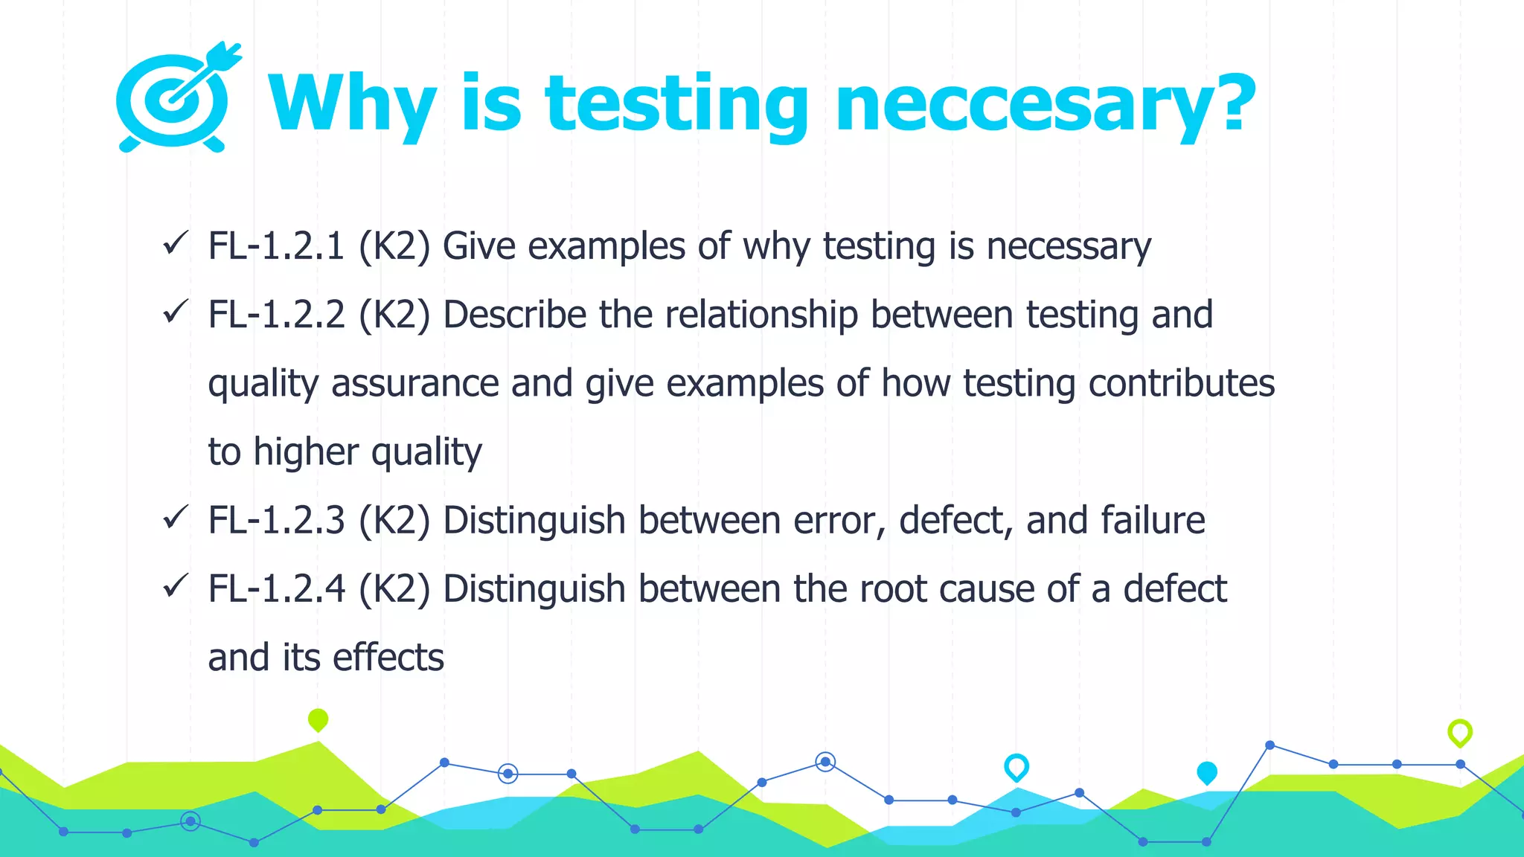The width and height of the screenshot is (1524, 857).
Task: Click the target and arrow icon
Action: (x=177, y=98)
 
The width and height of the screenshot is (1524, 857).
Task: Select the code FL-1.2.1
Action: (x=276, y=246)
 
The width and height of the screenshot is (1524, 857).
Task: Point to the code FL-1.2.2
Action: (x=276, y=315)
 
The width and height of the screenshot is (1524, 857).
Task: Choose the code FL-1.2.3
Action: (x=276, y=520)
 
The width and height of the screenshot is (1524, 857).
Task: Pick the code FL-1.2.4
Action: (x=276, y=589)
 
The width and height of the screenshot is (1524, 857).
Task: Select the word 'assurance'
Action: (x=414, y=384)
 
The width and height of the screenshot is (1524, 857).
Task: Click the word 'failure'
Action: (x=1153, y=520)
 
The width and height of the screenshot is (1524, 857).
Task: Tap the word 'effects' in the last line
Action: (x=388, y=658)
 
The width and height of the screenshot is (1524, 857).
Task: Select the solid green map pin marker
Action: (x=318, y=719)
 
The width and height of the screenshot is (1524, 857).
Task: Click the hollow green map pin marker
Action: (x=1459, y=732)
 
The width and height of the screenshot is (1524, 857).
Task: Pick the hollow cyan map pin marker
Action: (x=1016, y=766)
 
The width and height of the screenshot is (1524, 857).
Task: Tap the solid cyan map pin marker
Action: (x=1206, y=772)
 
